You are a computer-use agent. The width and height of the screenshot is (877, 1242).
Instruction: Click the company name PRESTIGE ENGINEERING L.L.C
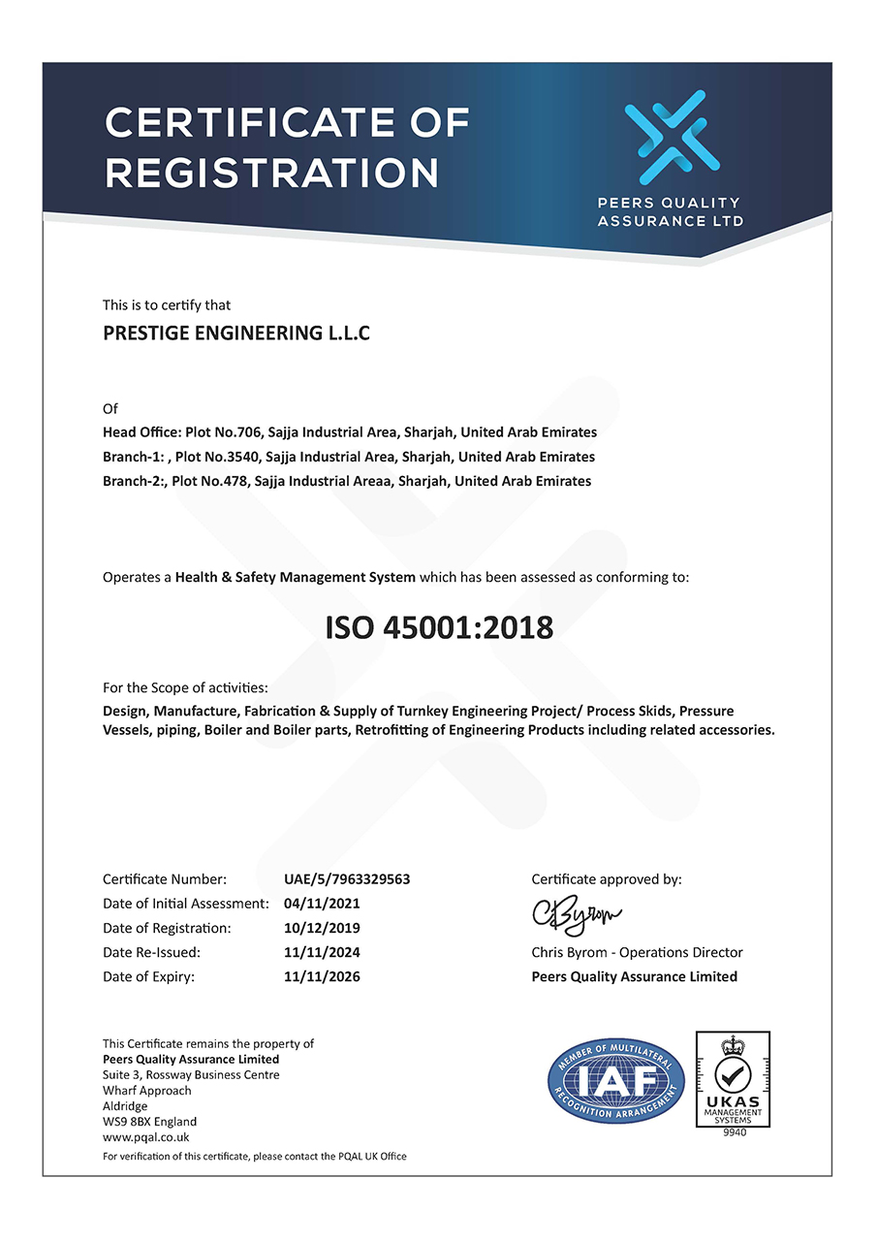pos(236,334)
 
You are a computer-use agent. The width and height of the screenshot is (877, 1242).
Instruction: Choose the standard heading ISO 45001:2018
pos(439,627)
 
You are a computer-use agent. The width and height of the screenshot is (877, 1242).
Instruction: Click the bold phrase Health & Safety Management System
pos(296,577)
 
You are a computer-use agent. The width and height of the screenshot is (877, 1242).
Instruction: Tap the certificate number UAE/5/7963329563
pos(347,879)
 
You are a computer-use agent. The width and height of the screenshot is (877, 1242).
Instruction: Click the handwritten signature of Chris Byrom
pos(577,913)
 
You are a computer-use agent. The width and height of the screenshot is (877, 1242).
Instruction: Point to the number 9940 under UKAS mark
pos(735,1132)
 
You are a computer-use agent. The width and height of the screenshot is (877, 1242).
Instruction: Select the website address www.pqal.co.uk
pos(145,1137)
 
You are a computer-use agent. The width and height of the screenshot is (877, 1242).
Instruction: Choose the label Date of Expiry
pos(148,976)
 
